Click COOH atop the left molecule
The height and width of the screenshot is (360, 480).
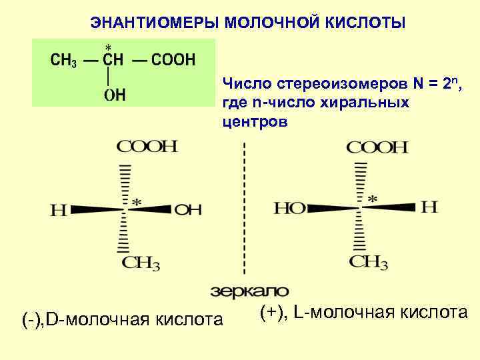coord(147,146)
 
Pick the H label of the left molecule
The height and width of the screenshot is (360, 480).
coord(59,211)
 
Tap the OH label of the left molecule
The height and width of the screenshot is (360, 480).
coord(188,210)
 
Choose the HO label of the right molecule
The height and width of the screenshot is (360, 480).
coord(289,209)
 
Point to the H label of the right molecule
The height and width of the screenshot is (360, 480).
coord(430,207)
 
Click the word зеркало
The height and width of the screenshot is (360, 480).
coord(250,291)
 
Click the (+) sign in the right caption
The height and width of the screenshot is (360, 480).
coord(273,312)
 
